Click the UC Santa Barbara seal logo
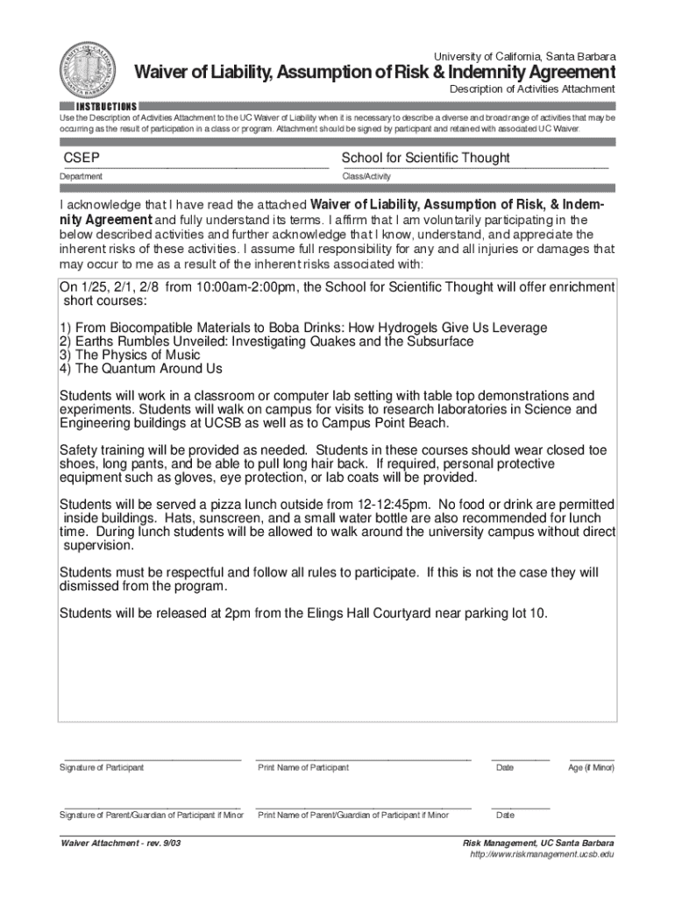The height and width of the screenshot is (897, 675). (92, 74)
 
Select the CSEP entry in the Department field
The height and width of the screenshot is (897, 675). (81, 158)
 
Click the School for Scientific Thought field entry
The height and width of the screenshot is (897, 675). (425, 158)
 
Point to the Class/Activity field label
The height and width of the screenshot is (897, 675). (366, 177)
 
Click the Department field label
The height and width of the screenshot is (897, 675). (81, 177)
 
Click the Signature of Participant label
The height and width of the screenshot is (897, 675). (102, 768)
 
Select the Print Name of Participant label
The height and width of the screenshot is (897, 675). (302, 768)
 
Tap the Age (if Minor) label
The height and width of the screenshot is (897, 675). (592, 768)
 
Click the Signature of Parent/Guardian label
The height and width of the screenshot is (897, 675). (151, 816)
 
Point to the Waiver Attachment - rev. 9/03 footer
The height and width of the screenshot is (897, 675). (121, 844)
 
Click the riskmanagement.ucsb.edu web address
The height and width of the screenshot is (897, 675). (542, 855)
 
